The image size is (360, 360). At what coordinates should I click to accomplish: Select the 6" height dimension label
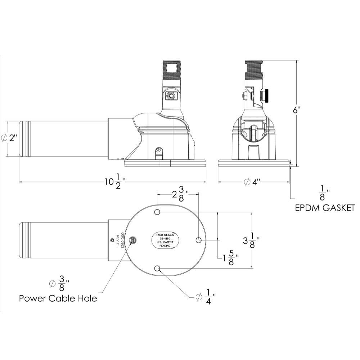[x=296, y=110]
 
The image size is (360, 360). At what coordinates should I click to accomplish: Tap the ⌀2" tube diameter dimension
[x=9, y=138]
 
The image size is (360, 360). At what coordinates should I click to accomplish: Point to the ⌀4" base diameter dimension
[x=252, y=182]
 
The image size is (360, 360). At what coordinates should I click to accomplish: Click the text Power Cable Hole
[x=58, y=298]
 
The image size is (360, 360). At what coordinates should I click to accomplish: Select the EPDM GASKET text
[x=325, y=208]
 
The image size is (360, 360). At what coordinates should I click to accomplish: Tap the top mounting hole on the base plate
[x=157, y=212]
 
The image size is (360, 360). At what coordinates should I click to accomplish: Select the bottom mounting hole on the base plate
[x=157, y=268]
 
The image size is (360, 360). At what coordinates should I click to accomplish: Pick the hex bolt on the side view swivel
[x=170, y=96]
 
